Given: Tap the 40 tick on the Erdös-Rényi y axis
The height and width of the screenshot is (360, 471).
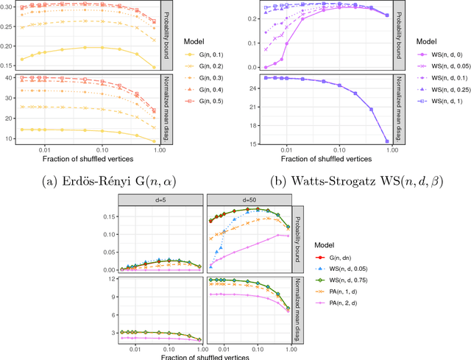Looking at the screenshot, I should [10, 78].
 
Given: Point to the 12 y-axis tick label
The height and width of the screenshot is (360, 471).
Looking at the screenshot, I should [105, 280].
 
